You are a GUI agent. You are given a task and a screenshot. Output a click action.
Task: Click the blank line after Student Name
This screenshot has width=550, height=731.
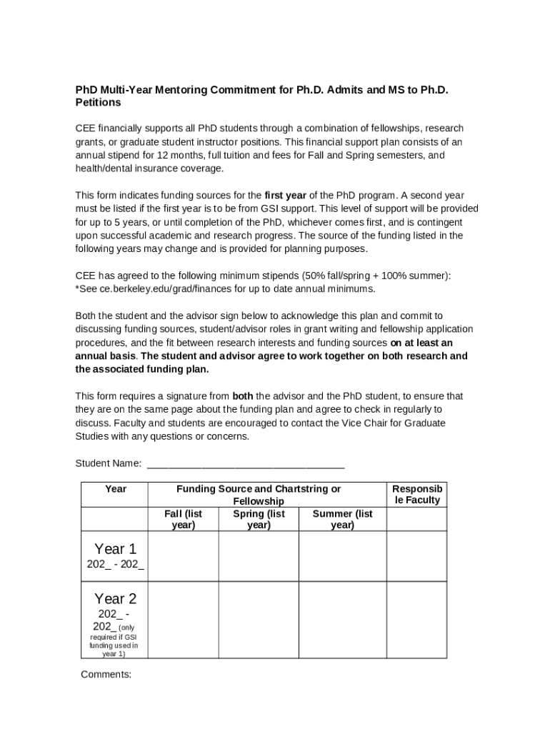pos(245,464)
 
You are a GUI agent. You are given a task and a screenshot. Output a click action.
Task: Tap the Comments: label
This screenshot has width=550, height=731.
pos(106,675)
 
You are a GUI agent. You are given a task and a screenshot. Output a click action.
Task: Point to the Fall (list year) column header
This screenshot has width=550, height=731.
pos(183,519)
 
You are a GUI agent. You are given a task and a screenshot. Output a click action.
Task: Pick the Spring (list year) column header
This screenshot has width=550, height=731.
pos(259,519)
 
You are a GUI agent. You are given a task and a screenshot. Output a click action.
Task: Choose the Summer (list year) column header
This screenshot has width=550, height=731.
pos(342,519)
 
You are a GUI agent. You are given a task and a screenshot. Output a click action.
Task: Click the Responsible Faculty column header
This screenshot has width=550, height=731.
pos(417,494)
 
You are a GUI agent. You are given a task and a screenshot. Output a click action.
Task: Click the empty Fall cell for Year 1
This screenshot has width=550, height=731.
pos(183,556)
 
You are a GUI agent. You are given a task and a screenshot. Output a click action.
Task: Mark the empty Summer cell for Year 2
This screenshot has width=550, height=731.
pos(342,620)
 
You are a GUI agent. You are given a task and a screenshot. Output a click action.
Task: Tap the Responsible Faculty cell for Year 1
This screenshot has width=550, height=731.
pos(417,556)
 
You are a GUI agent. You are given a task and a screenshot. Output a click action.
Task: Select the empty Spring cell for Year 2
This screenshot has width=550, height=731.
pos(259,620)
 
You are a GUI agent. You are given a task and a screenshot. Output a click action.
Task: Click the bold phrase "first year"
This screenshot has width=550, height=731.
pos(285,196)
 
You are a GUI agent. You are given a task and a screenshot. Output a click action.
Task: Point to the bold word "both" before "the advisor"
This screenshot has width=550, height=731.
pos(243,396)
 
